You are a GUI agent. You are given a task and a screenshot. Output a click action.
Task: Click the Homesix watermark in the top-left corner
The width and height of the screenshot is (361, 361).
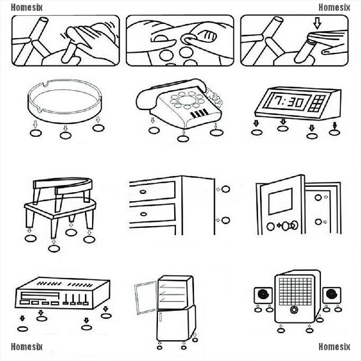[x=27, y=7]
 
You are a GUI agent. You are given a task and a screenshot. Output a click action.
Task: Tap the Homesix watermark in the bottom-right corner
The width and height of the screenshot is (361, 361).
[x=334, y=347]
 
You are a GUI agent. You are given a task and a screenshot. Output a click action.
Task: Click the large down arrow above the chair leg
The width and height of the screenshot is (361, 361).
[x=317, y=23]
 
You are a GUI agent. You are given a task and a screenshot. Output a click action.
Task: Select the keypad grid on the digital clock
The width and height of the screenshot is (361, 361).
[x=319, y=103]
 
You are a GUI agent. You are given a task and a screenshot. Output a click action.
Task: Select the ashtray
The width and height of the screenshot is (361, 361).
[x=66, y=102]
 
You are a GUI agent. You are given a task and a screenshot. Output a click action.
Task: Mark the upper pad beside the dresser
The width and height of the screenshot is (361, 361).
[x=226, y=189]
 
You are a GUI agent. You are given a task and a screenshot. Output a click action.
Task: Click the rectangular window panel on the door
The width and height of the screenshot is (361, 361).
[x=280, y=201]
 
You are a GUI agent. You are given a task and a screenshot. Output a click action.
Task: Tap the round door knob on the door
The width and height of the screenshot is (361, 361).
[x=294, y=225]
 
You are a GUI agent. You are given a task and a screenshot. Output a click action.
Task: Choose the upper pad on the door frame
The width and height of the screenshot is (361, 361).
[x=318, y=198]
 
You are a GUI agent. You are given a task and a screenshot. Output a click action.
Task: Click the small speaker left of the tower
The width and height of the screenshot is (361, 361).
[x=263, y=296]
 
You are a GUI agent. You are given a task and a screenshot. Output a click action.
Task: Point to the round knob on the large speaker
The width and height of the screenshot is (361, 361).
[x=294, y=311]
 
